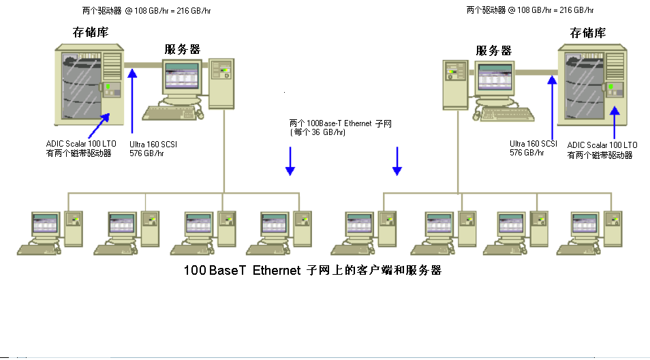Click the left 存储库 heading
click(91, 33)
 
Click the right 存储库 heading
click(588, 33)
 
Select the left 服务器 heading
click(183, 49)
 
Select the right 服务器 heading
click(494, 50)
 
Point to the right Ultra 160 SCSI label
click(533, 144)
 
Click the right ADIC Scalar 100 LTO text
click(602, 145)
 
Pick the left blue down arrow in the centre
click(290, 162)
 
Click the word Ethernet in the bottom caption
click(276, 271)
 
